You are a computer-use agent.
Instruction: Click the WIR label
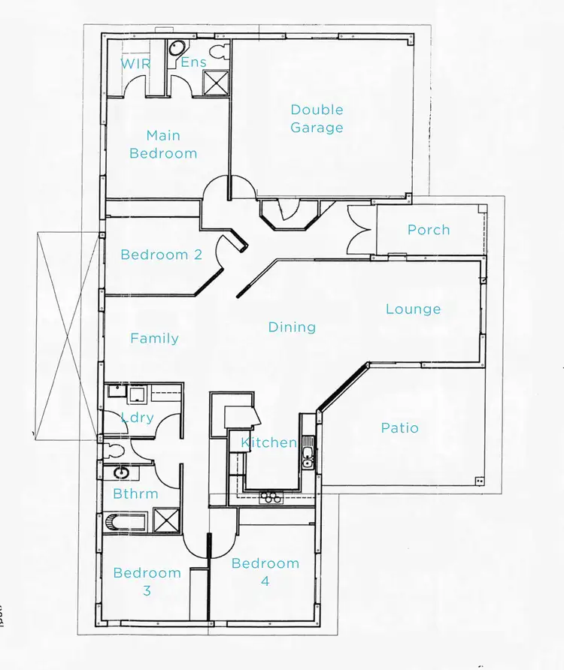135,64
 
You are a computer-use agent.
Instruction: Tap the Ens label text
193,62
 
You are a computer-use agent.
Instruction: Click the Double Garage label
317,119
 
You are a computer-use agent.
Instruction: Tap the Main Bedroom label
163,144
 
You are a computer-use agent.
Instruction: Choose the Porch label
429,230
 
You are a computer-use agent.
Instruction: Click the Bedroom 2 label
161,255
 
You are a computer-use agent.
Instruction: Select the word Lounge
413,309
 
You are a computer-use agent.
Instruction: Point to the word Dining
292,327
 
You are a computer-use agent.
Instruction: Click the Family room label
154,338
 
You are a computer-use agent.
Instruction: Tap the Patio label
399,427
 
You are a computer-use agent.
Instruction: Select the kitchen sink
308,457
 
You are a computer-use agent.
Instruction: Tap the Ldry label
137,418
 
